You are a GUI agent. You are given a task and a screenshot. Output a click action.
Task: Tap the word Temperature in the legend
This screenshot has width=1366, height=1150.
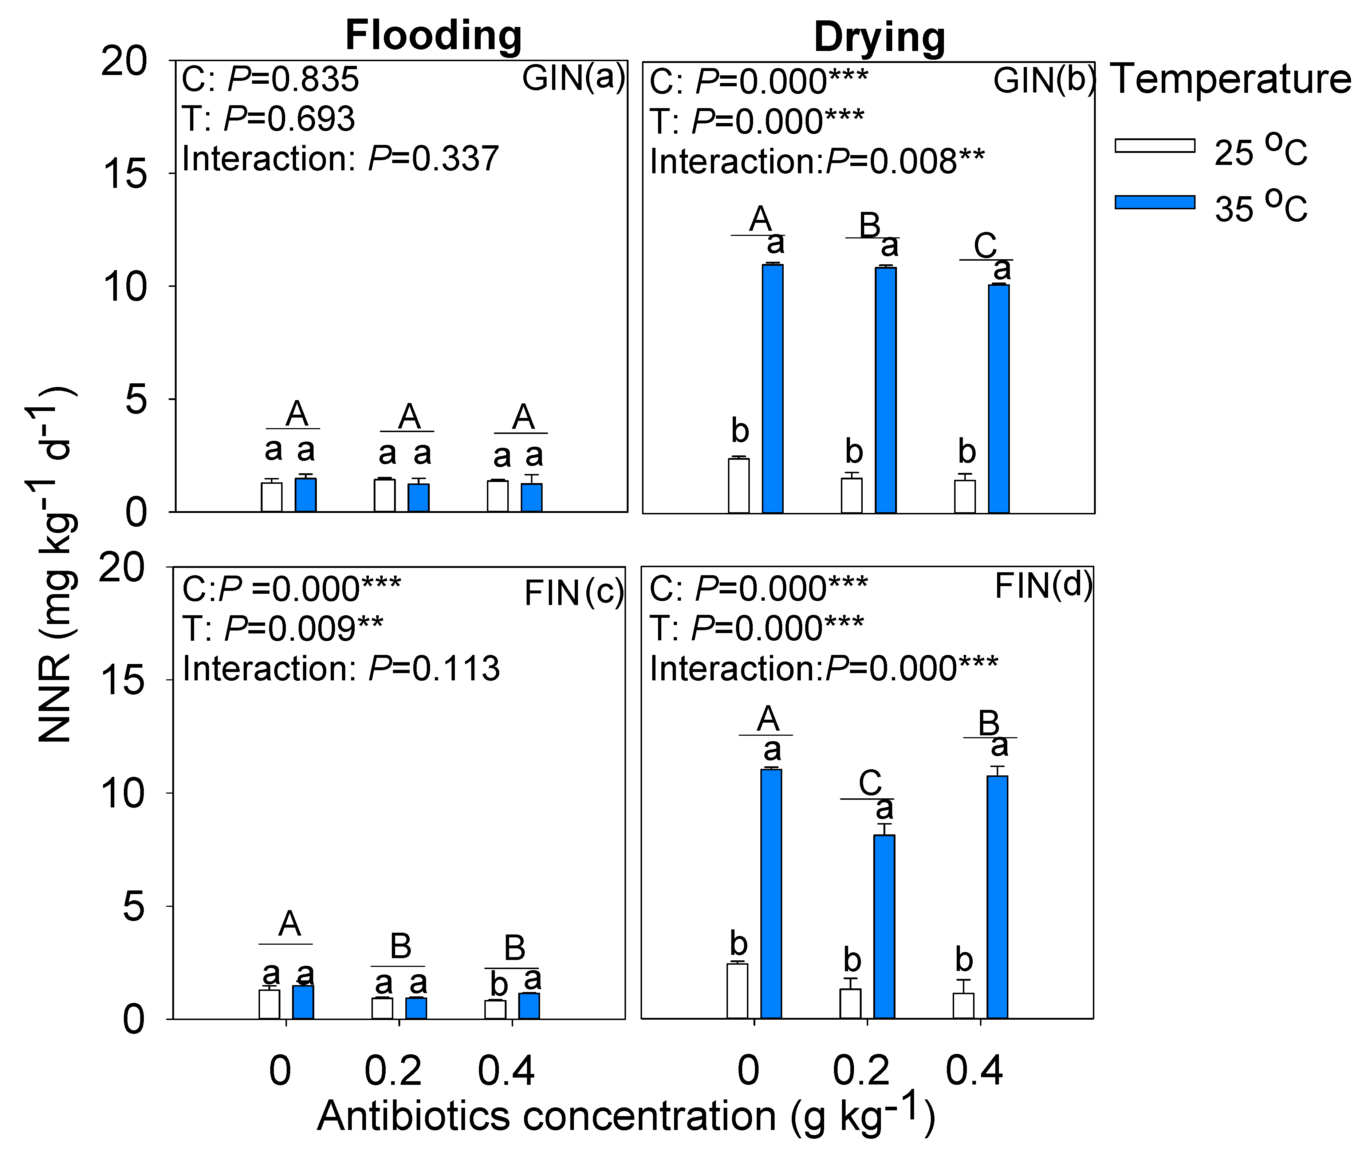1231,79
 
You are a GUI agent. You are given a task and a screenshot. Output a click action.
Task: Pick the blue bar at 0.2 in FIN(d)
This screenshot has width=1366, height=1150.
884,926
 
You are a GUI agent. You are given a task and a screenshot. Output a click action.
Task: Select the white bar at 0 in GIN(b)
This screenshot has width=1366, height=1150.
739,486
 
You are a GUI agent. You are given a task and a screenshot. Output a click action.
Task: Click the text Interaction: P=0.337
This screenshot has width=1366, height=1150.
340,158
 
